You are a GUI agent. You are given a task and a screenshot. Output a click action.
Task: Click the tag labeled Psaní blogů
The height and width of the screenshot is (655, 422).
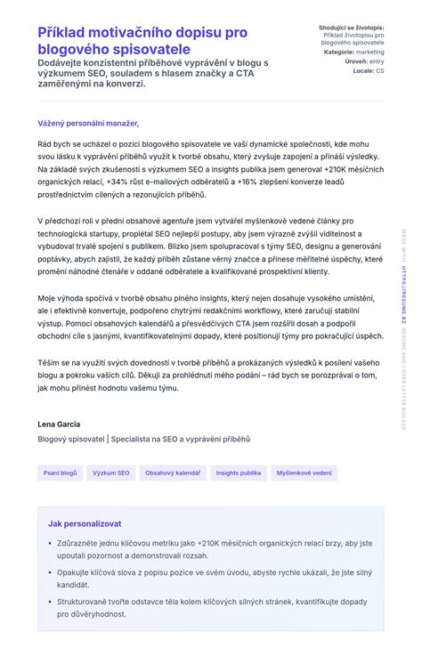(x=61, y=473)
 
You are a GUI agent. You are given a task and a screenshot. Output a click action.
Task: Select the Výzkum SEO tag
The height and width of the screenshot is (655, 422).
(x=111, y=473)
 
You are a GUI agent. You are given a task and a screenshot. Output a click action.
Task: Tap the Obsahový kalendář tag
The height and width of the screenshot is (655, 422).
(x=173, y=473)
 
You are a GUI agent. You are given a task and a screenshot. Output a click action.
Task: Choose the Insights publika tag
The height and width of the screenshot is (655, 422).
(x=239, y=473)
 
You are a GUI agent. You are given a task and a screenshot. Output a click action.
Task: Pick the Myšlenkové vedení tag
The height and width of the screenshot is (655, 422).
(x=304, y=473)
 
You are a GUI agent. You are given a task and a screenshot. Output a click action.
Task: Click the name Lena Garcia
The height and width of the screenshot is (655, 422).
(x=60, y=424)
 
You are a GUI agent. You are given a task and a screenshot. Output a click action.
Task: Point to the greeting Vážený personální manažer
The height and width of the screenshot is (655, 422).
(x=88, y=123)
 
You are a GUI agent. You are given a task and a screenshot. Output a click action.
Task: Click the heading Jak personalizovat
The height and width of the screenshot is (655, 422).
(x=85, y=523)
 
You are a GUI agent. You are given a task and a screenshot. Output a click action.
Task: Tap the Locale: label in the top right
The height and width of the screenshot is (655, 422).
(x=363, y=70)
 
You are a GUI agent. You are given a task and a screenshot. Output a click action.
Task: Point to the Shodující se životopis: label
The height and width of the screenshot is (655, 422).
(x=352, y=28)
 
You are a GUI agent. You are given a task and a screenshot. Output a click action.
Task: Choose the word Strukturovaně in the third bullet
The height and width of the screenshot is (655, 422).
(x=84, y=601)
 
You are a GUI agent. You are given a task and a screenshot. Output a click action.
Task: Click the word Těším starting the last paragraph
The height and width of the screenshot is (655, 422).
(x=48, y=363)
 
